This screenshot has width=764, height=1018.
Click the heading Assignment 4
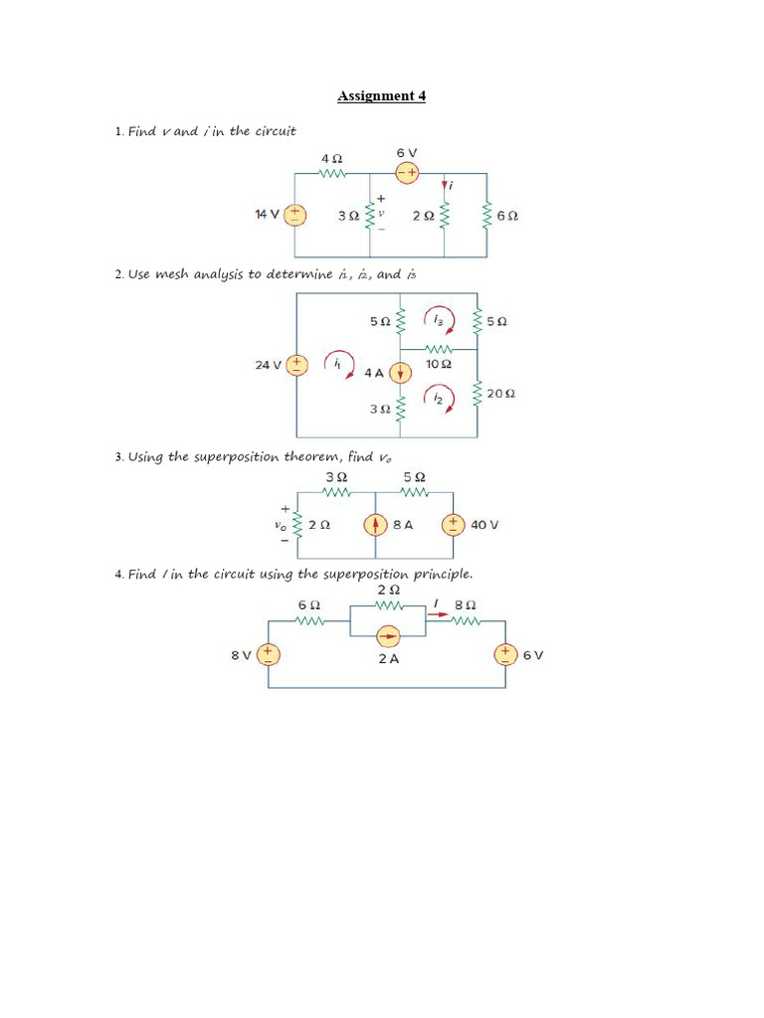381,96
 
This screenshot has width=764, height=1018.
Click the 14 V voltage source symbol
295,214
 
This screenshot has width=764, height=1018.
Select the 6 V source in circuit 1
407,172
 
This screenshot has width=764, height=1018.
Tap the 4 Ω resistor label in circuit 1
331,158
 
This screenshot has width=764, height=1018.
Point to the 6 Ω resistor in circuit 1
487,215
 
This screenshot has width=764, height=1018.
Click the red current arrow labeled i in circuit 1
444,185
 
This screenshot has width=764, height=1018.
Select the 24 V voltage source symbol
295,365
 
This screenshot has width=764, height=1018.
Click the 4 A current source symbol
400,373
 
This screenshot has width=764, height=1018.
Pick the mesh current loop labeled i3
439,320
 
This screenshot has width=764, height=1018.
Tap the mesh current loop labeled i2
439,398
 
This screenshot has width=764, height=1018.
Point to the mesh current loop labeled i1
339,365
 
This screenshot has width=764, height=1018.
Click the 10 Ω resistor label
439,365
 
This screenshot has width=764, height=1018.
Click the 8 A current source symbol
375,524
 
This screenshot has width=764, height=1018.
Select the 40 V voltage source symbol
453,524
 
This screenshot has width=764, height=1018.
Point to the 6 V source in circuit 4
506,654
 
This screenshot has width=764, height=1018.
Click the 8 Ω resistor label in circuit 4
465,604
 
